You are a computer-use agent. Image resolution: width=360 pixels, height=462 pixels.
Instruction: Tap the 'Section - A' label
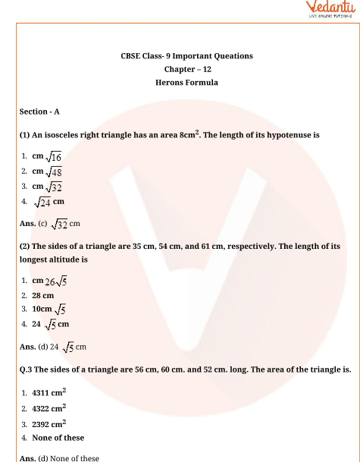pyautogui.click(x=39, y=112)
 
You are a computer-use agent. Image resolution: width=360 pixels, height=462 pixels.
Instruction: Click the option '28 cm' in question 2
pyautogui.click(x=43, y=295)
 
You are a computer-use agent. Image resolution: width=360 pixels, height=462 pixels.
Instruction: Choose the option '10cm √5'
pyautogui.click(x=49, y=310)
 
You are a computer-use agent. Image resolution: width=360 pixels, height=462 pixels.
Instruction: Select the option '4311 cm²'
pyautogui.click(x=49, y=393)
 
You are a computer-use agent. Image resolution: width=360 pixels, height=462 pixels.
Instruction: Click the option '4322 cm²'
pyautogui.click(x=49, y=408)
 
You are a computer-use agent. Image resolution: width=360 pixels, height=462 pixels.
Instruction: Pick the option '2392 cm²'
pyautogui.click(x=49, y=423)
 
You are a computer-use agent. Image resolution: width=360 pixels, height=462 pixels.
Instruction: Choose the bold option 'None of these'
pyautogui.click(x=58, y=438)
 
